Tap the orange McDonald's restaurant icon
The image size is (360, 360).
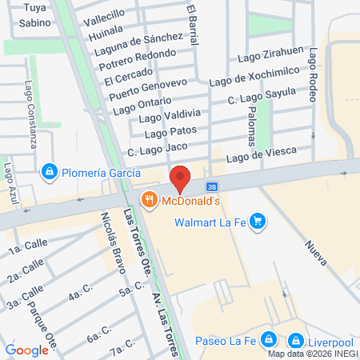148,200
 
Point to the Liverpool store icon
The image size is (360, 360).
297,339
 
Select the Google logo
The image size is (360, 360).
26,350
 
